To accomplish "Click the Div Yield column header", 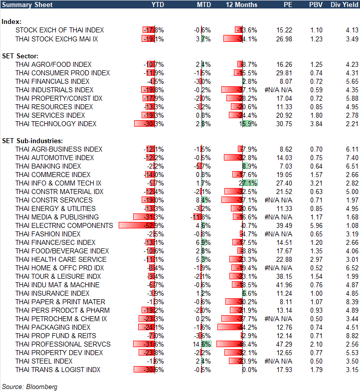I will (x=344, y=4).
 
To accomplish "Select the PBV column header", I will (x=316, y=4).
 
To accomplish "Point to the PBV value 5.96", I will (x=316, y=225).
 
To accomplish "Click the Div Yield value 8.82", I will (x=352, y=336).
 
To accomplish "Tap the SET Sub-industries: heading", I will (x=30, y=141).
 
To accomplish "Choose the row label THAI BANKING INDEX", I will (x=48, y=166).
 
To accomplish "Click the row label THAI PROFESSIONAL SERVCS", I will (x=63, y=344).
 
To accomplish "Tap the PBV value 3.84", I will (x=316, y=124).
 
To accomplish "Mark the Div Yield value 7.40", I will (x=352, y=158).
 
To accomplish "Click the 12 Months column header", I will (x=242, y=4).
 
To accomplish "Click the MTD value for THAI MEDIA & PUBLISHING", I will (x=202, y=217).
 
